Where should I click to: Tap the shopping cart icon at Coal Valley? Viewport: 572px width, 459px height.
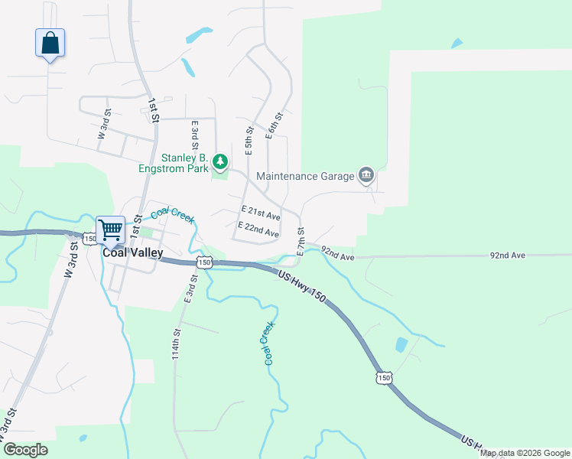[111, 228]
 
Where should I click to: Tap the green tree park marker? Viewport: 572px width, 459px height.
[220, 161]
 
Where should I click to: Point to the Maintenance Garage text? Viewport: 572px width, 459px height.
[305, 176]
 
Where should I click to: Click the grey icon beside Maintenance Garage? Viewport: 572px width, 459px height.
[366, 176]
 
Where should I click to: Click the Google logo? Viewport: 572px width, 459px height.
[25, 450]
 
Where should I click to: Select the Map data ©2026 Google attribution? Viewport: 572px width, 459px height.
[525, 453]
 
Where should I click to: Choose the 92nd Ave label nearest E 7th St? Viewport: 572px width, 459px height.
[337, 253]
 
